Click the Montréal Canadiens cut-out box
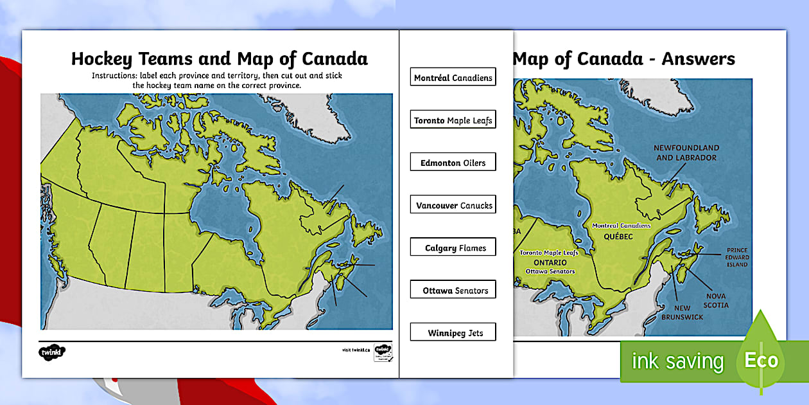pyautogui.click(x=453, y=78)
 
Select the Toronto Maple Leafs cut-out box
pyautogui.click(x=453, y=120)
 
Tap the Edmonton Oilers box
pyautogui.click(x=453, y=163)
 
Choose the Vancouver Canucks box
pyautogui.click(x=453, y=206)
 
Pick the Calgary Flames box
pyautogui.click(x=453, y=248)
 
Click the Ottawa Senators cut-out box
pyautogui.click(x=453, y=291)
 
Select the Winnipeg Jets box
pyautogui.click(x=453, y=333)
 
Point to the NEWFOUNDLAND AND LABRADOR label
pyautogui.click(x=685, y=152)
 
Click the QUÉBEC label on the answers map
pyautogui.click(x=618, y=237)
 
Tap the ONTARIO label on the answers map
pyautogui.click(x=549, y=263)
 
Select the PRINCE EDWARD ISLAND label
pyautogui.click(x=738, y=257)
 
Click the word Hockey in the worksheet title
pyautogui.click(x=100, y=59)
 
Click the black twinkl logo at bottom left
pyautogui.click(x=53, y=352)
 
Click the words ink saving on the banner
pyautogui.click(x=677, y=361)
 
